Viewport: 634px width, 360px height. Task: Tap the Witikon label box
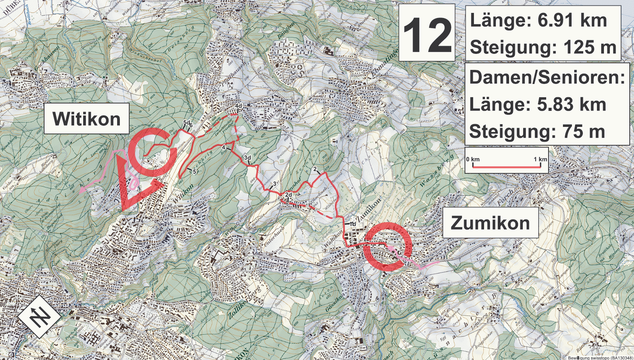[86, 119]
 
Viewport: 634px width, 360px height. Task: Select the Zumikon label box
[490, 223]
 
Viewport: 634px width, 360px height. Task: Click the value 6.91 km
[572, 20]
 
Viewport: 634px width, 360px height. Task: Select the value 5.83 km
[572, 104]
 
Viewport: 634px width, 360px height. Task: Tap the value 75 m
[584, 132]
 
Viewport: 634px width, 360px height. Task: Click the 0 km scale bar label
[473, 159]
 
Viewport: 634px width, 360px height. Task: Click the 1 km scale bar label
[540, 159]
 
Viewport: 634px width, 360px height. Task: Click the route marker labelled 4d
[238, 106]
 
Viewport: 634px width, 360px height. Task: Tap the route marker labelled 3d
[247, 158]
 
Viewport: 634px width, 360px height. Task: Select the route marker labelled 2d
[289, 194]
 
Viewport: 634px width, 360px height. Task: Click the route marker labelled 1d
[353, 224]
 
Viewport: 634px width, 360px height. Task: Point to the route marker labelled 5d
[186, 123]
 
